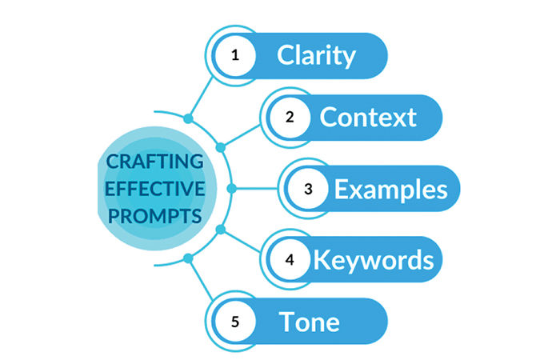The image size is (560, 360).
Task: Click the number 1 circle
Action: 235,56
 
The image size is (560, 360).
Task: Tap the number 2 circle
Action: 290,118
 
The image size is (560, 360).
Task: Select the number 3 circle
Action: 308,189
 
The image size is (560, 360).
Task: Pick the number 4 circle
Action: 290,259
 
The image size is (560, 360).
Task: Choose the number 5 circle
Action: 235,322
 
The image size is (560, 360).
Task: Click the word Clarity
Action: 316,56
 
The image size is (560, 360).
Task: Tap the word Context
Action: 368,117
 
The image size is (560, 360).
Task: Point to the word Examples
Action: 390,190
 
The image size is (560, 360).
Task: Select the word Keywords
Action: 374,260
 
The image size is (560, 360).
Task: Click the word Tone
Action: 310,322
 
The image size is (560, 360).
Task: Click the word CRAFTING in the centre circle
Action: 154,162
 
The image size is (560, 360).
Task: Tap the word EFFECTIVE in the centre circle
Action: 154,189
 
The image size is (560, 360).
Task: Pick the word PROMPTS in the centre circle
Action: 154,216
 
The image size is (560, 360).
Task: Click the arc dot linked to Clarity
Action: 188,118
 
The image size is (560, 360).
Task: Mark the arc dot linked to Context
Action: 221,147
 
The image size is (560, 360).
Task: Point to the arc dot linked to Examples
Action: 231,189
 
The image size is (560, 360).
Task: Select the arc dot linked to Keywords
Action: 221,230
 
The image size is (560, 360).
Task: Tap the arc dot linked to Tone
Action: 188,258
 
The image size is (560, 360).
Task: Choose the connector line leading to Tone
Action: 201,280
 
